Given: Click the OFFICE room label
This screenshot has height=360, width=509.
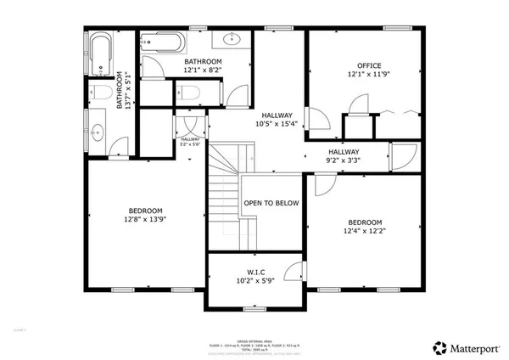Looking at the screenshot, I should coord(369,65).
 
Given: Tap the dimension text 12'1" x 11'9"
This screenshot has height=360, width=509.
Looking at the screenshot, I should coord(369,75).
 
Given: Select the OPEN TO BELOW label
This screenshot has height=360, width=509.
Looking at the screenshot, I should coord(271,203).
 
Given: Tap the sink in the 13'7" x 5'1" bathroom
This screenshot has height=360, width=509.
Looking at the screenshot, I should coord(97,132).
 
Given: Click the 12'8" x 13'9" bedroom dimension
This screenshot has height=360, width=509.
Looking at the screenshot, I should coord(146,220).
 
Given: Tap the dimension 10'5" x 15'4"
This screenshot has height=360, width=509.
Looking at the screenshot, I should coord(277,125).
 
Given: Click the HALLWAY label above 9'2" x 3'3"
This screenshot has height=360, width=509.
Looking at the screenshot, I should coord(344,150).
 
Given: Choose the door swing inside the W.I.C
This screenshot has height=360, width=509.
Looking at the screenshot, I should coord(294,271).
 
